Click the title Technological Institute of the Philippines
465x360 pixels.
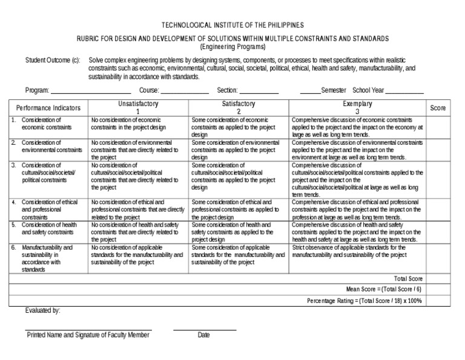click(x=232, y=25)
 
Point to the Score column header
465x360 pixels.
click(x=438, y=108)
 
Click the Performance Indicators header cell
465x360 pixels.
click(x=48, y=108)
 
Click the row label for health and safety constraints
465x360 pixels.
click(x=49, y=228)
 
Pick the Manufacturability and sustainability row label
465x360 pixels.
click(x=47, y=259)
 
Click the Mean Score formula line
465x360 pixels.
click(x=384, y=290)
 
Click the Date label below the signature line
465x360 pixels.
click(x=204, y=335)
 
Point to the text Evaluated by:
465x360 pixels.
click(x=42, y=311)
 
